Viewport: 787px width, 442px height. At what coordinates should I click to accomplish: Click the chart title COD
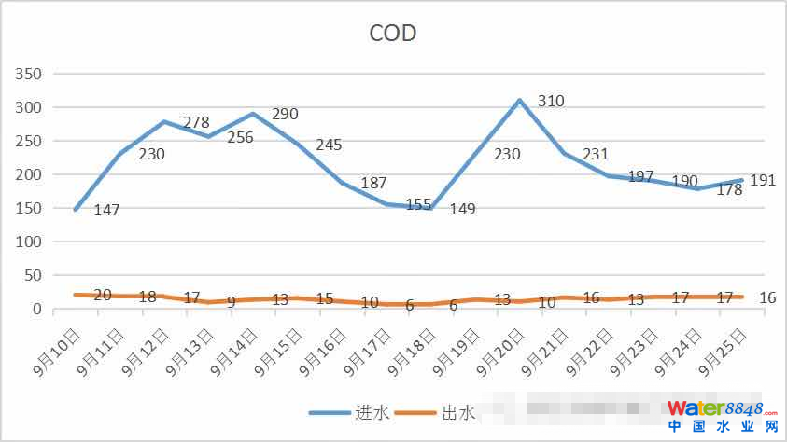click(393, 34)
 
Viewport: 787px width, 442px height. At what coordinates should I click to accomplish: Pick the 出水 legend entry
click(458, 411)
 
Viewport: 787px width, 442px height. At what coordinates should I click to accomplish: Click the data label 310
click(551, 101)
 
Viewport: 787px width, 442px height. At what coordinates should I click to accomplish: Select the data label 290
click(285, 115)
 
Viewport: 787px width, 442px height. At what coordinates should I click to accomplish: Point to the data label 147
click(107, 211)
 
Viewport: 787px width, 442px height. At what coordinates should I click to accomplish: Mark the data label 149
click(462, 209)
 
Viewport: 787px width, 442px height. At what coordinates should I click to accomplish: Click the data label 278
click(196, 122)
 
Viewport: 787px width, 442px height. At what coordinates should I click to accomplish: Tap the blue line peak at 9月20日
click(519, 100)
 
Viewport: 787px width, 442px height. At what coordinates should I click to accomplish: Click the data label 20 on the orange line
click(103, 295)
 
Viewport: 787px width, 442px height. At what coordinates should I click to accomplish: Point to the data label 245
click(329, 145)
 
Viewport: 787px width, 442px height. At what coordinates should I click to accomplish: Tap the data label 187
click(373, 183)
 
